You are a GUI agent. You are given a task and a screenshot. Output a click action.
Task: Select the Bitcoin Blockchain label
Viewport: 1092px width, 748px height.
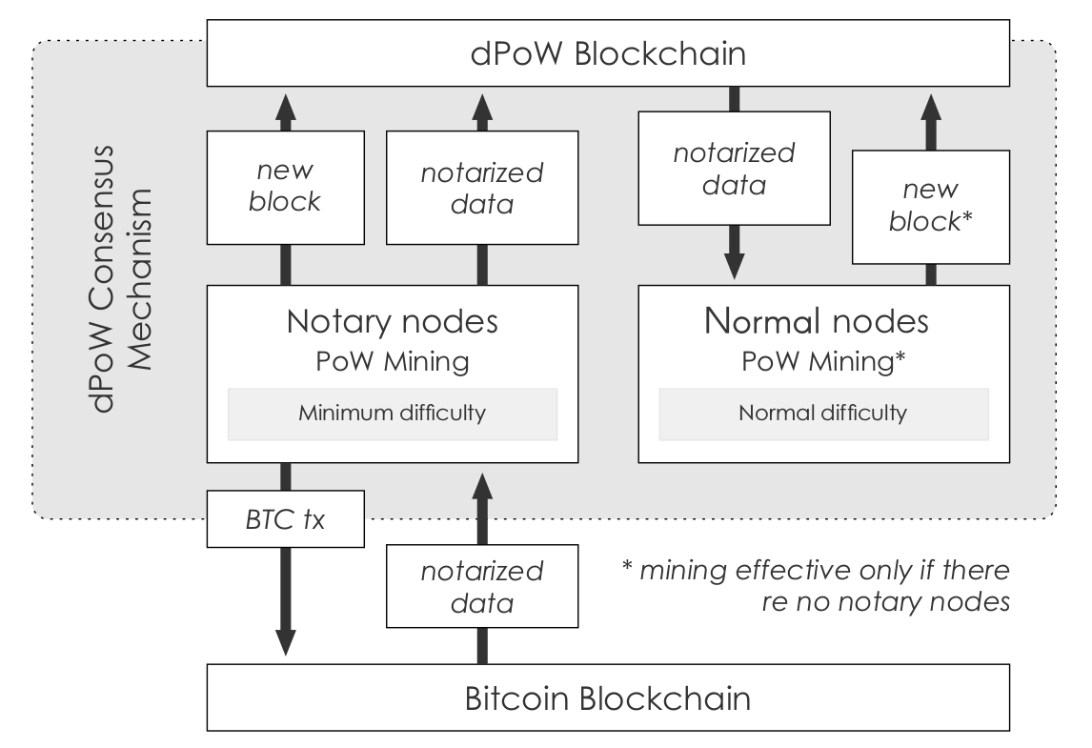[x=607, y=698]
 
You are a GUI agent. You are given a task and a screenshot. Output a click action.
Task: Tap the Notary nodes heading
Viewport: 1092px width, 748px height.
[x=392, y=321]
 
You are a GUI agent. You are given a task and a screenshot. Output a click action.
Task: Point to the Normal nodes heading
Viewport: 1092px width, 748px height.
[x=816, y=321]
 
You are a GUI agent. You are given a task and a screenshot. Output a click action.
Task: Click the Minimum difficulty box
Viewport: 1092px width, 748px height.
[x=392, y=414]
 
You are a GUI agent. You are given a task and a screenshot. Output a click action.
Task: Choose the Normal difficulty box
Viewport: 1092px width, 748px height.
[x=823, y=414]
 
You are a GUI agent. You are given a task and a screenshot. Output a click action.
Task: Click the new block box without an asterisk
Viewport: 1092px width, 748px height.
[x=286, y=189]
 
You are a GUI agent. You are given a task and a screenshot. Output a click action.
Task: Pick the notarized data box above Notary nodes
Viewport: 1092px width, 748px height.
[x=481, y=189]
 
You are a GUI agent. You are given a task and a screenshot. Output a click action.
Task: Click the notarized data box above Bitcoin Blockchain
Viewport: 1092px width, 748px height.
[x=481, y=588]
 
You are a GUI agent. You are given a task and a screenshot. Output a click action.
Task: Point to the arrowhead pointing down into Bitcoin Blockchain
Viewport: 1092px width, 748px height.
[x=286, y=639]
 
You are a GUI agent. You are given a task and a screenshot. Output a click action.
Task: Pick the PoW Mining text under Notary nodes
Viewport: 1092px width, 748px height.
[x=392, y=362]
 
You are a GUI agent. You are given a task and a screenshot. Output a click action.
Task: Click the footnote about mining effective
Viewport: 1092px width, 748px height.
[x=815, y=586]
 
